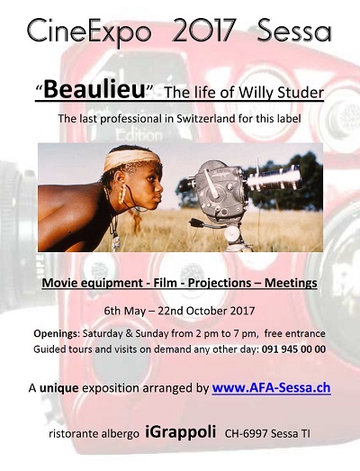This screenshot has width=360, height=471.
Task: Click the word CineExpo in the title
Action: pos(89,32)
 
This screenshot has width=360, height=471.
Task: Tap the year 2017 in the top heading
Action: pos(203,31)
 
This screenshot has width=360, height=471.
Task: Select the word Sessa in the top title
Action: pos(294,31)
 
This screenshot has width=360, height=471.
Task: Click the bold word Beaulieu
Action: pos(94,89)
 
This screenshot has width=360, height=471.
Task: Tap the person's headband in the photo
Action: pos(131,159)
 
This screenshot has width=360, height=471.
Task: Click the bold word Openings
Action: pos(55,334)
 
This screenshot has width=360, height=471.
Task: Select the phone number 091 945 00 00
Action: pos(293,349)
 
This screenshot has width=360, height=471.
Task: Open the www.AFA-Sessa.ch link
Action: pos(272,388)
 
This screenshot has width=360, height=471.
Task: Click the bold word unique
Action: pos(59,388)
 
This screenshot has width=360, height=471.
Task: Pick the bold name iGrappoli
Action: pos(181,432)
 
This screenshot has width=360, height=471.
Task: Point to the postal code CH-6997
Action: pos(246,434)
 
